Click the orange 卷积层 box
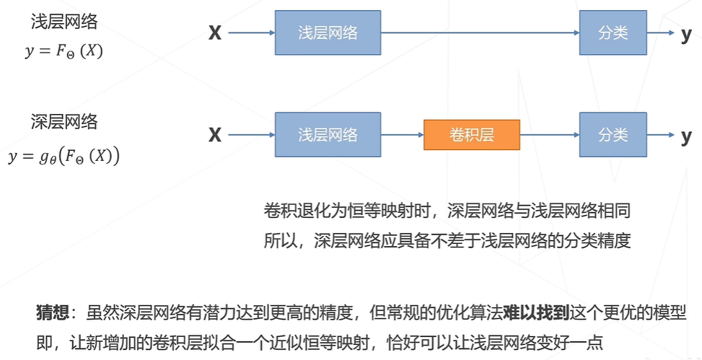click(471, 135)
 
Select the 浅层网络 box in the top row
click(328, 33)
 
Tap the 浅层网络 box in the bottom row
click(328, 135)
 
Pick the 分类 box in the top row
click(613, 33)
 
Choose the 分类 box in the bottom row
click(613, 135)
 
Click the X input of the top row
click(214, 33)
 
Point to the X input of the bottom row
click(214, 135)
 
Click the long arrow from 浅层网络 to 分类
click(480, 33)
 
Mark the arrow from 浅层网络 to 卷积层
click(402, 135)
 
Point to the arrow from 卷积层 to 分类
click(549, 135)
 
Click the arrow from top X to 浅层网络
click(249, 33)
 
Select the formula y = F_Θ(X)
click(63, 53)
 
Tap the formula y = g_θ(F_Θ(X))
click(63, 156)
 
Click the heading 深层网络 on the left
click(63, 121)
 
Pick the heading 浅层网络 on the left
click(63, 22)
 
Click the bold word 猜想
click(52, 312)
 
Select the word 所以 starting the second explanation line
click(278, 240)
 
